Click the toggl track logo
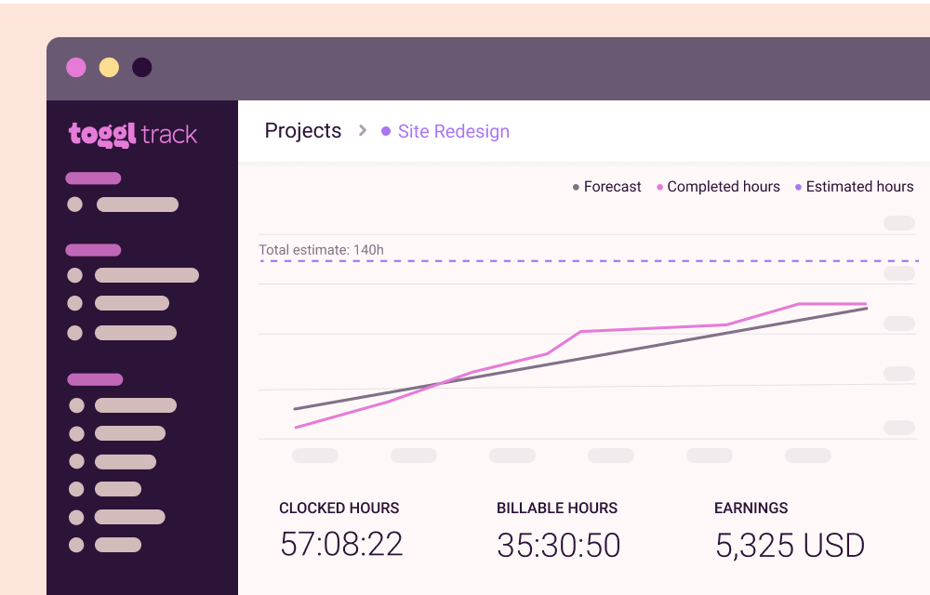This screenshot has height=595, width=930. tap(133, 134)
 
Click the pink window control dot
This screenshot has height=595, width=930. tap(76, 68)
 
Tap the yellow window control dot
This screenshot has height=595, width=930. tap(109, 68)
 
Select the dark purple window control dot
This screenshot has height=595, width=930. tap(141, 68)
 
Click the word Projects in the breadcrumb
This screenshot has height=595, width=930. tap(303, 131)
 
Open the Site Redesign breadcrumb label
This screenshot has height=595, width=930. tap(453, 132)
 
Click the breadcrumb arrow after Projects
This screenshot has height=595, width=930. tap(363, 131)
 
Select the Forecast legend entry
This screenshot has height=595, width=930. tap(606, 187)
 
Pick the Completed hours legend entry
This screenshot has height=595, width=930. tap(718, 187)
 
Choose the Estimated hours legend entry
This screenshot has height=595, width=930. tap(854, 187)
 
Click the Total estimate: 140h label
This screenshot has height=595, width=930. tap(321, 249)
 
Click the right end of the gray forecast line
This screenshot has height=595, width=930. tap(867, 308)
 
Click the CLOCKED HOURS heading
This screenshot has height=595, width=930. tap(339, 509)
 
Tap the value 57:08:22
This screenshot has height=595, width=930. tap(341, 545)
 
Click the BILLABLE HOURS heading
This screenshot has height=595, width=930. tap(557, 509)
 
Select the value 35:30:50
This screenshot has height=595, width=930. tap(558, 545)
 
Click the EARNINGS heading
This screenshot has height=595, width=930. tap(751, 509)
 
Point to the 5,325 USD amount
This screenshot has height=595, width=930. tap(790, 545)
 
